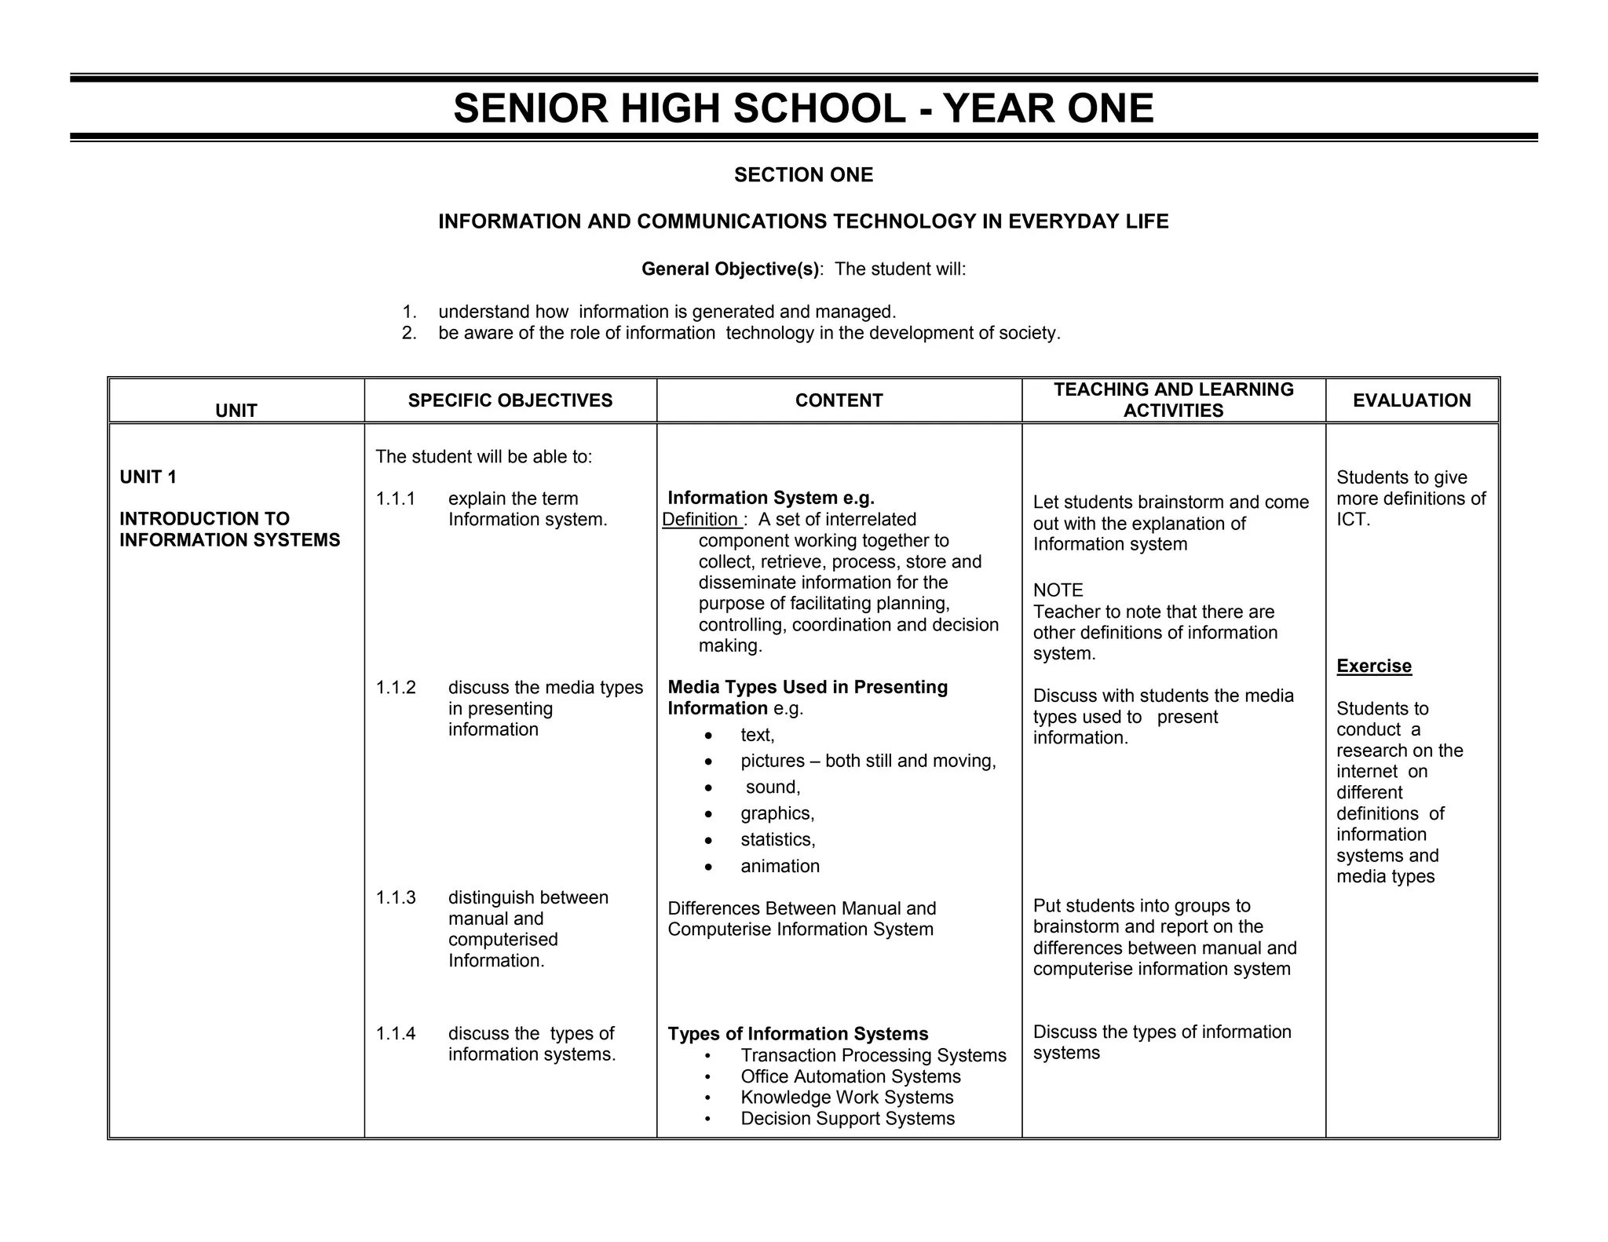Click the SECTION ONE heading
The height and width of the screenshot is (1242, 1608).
(x=803, y=175)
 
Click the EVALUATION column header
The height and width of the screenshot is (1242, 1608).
(x=1411, y=400)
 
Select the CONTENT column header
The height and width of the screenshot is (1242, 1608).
(x=839, y=400)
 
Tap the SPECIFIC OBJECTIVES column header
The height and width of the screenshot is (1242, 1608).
(x=510, y=400)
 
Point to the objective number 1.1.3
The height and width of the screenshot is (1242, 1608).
(x=395, y=897)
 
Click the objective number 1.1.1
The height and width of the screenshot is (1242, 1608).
(x=395, y=499)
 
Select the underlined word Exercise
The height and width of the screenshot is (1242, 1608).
(x=1373, y=666)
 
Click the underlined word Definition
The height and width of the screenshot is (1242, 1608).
(x=700, y=519)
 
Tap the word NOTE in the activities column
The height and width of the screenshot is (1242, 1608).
(x=1058, y=590)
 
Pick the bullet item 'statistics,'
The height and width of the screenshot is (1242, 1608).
(x=777, y=839)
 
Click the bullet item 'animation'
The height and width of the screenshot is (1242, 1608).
(x=780, y=866)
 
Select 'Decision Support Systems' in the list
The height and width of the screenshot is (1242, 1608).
(x=847, y=1118)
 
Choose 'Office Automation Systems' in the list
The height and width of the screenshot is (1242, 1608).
(x=850, y=1076)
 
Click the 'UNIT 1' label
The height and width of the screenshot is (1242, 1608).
(x=148, y=477)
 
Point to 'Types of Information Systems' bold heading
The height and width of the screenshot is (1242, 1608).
(x=798, y=1034)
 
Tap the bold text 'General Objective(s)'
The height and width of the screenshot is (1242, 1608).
(x=730, y=269)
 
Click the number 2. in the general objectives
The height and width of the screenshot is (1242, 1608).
(x=408, y=333)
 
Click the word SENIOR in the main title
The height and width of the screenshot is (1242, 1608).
(x=530, y=108)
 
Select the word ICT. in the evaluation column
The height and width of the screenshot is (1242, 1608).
(x=1353, y=520)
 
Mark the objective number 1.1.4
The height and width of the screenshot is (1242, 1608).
(x=395, y=1033)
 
